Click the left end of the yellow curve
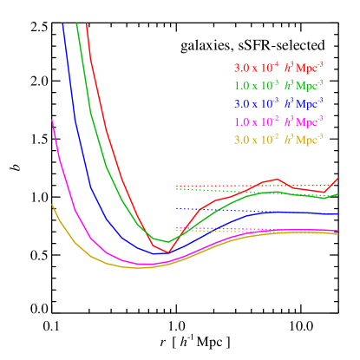coord(52,205)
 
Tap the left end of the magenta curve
coord(53,120)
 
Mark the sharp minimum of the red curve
coord(168,252)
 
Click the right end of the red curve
coord(337,178)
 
